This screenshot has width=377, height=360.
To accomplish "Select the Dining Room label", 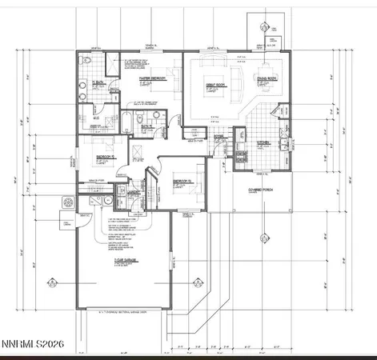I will tap(265, 78).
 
